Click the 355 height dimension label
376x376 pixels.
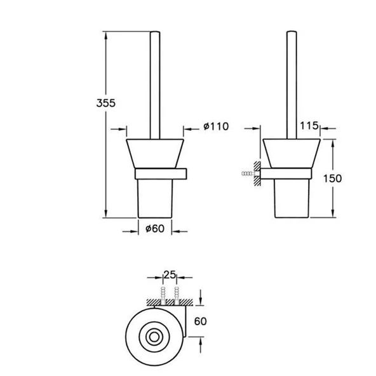pyautogui.click(x=105, y=103)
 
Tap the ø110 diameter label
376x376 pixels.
pyautogui.click(x=216, y=126)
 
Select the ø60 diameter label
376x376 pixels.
pyautogui.click(x=155, y=229)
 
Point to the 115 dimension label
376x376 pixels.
pyautogui.click(x=309, y=125)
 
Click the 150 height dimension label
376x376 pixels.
pyautogui.click(x=332, y=178)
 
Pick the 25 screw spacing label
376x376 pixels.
pyautogui.click(x=170, y=275)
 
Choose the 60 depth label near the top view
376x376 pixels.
pyautogui.click(x=200, y=321)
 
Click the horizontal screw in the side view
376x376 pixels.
pyautogui.click(x=248, y=173)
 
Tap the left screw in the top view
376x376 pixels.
pyautogui.click(x=163, y=295)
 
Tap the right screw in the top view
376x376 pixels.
pyautogui.click(x=177, y=295)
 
